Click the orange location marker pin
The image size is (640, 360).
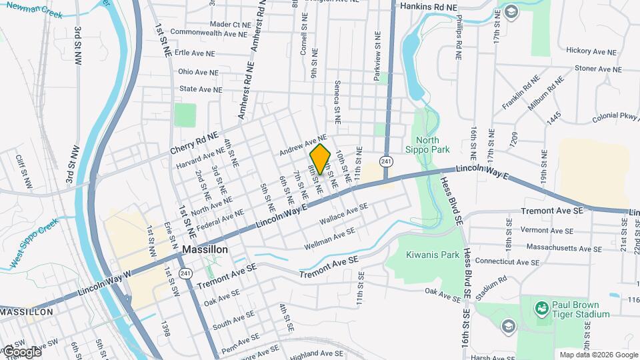320,159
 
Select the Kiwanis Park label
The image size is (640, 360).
432,255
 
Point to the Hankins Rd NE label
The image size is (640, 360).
429,7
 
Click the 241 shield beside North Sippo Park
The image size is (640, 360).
387,161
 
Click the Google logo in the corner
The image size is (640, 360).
21,351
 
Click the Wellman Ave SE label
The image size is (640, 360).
329,239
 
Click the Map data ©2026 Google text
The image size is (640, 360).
597,355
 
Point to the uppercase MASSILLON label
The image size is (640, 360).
26,312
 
